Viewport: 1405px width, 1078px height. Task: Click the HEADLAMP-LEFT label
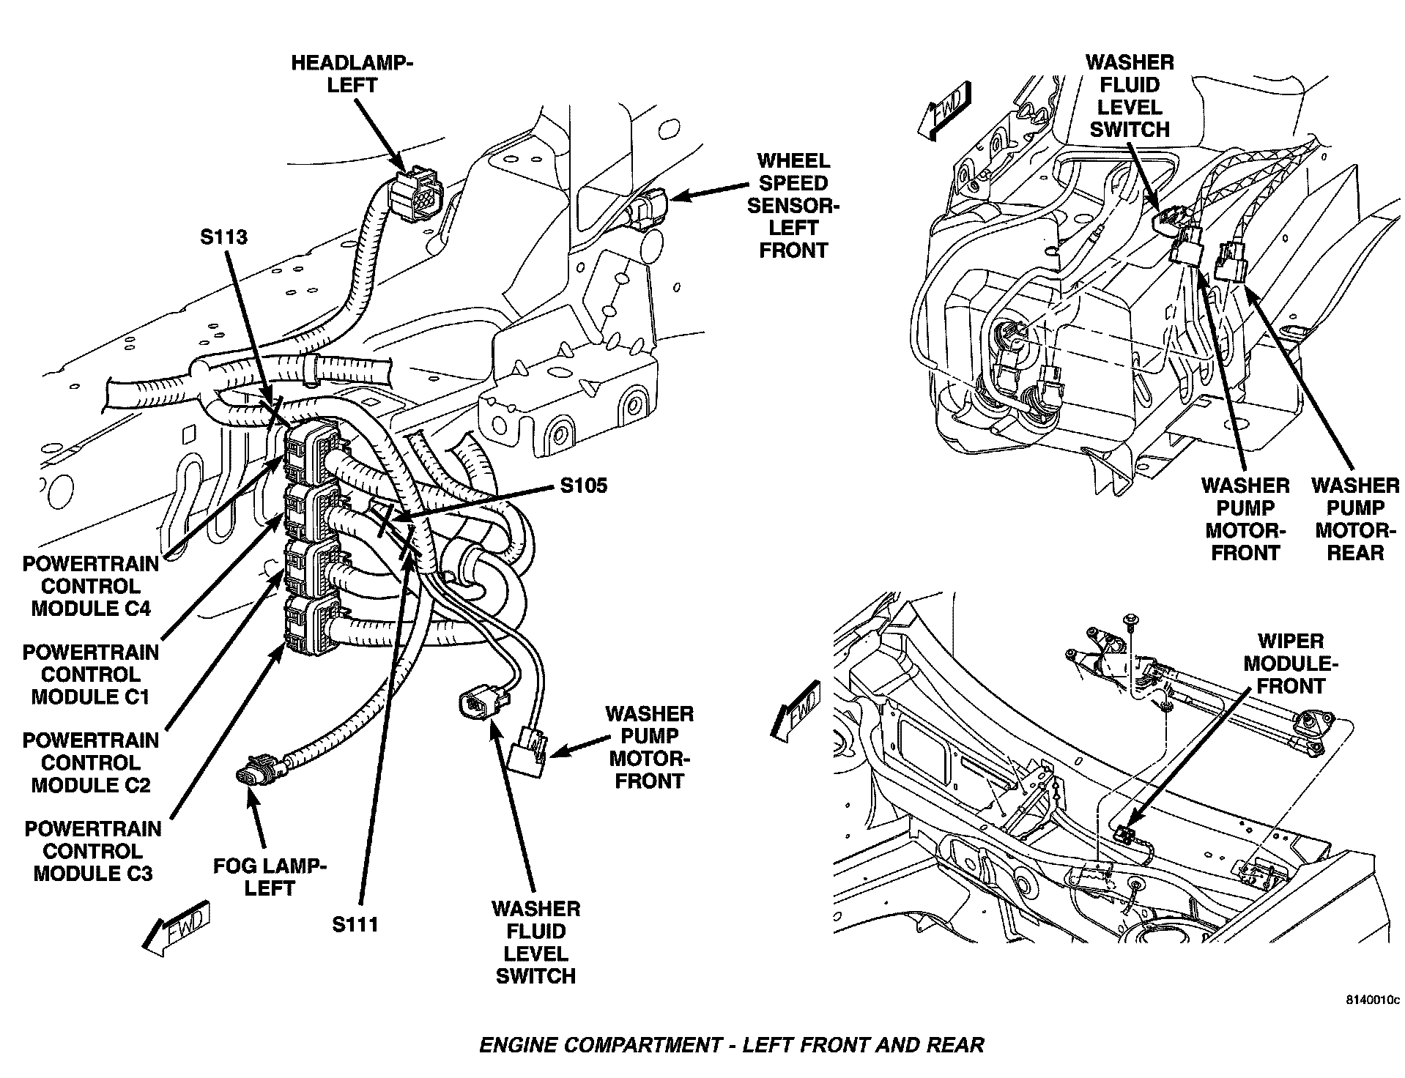coord(352,73)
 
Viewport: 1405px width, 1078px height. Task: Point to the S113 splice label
coord(223,237)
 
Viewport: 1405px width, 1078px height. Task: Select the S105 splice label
coord(583,486)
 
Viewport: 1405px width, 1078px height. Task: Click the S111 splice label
coord(355,924)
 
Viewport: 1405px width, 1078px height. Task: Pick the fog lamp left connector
coord(252,776)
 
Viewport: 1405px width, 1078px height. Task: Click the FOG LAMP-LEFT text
coord(270,877)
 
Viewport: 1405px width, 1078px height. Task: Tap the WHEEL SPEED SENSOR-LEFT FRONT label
coord(793,205)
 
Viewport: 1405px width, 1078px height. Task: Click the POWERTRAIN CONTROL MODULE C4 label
coord(91,586)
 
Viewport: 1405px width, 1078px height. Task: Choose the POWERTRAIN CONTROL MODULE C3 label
coord(93,851)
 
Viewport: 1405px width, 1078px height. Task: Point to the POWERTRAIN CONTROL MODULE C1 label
coord(91,674)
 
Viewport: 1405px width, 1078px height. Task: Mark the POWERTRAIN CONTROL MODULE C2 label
coord(91,762)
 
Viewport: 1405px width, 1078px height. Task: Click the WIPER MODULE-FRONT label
coord(1291,663)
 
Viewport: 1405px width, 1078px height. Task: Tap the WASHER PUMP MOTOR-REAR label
coord(1355,519)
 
